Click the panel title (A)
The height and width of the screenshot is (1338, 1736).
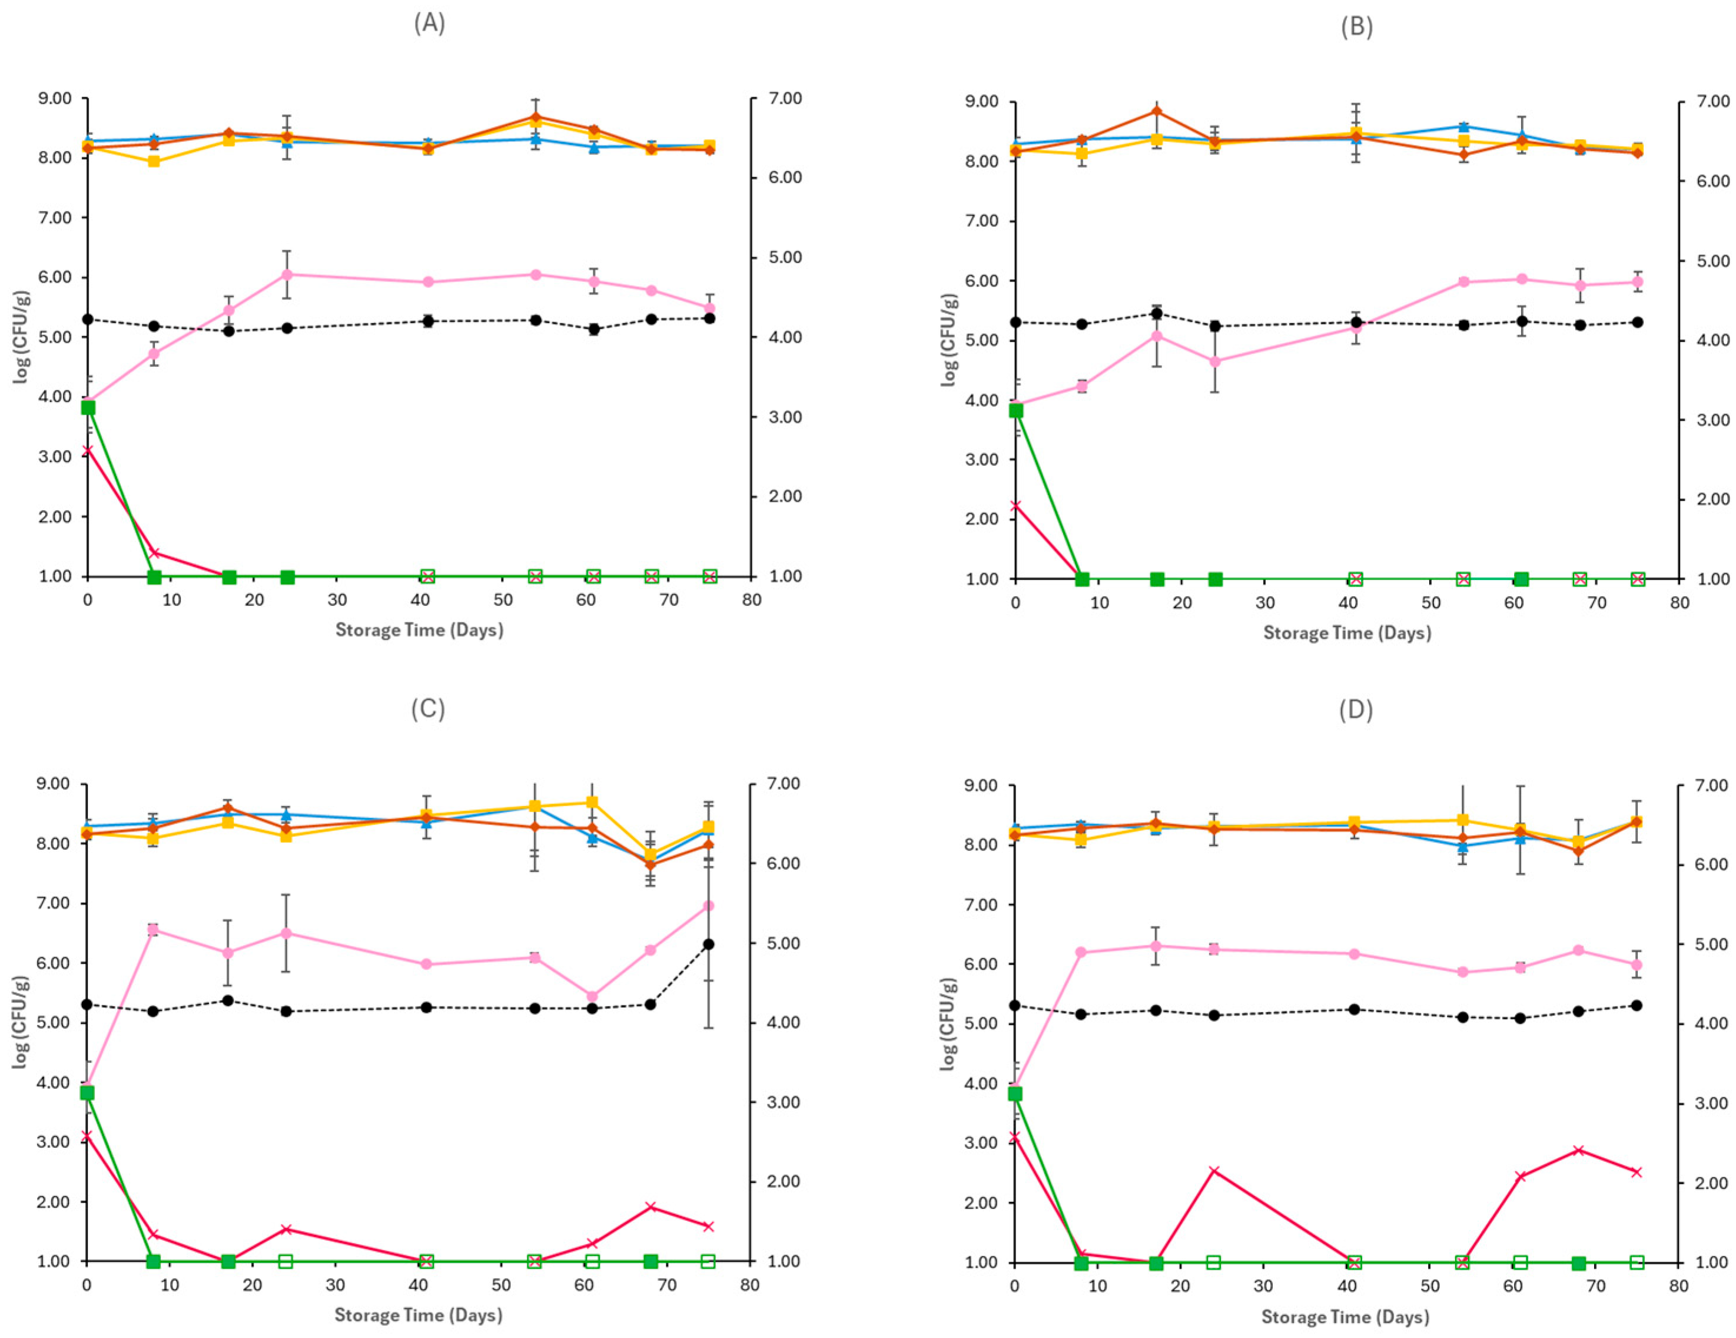click(429, 23)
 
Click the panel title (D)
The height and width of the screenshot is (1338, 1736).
click(1355, 708)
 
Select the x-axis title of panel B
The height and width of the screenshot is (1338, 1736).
click(1347, 633)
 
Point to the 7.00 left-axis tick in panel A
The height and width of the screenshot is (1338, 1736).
click(56, 218)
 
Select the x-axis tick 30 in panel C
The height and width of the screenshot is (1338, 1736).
click(336, 1286)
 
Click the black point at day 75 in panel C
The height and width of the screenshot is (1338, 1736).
click(709, 943)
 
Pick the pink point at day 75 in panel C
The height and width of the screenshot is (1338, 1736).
click(709, 906)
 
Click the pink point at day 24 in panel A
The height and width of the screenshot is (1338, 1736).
click(288, 274)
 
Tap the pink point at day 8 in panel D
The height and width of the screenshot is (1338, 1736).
click(1080, 952)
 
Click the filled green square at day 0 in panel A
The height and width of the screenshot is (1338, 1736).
click(88, 407)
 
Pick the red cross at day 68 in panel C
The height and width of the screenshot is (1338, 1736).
click(650, 1207)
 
